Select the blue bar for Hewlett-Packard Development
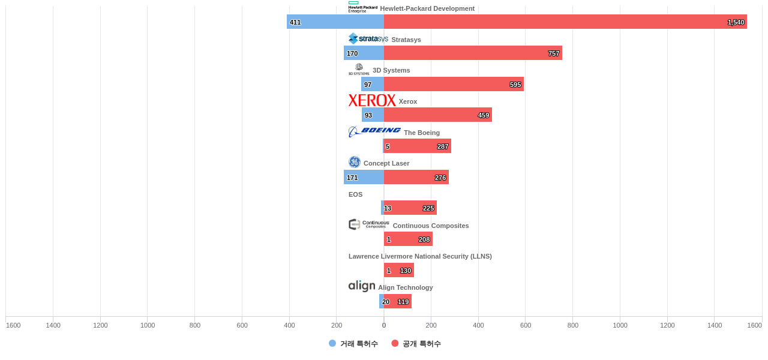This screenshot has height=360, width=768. click(x=335, y=22)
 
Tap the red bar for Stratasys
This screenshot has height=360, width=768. click(x=473, y=53)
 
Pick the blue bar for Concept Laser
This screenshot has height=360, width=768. click(x=364, y=177)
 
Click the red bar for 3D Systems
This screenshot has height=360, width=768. click(x=454, y=84)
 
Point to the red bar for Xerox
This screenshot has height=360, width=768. click(x=437, y=115)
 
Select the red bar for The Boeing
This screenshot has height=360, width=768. click(x=417, y=146)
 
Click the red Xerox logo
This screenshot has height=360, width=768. click(x=372, y=100)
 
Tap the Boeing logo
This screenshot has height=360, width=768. click(x=374, y=131)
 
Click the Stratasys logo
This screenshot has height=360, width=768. click(x=368, y=39)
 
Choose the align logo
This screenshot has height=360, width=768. click(x=362, y=286)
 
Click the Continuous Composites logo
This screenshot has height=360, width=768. click(x=369, y=224)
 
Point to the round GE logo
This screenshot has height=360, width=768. click(x=355, y=162)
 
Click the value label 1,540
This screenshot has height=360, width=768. click(x=736, y=22)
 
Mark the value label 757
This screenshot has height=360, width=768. click(x=553, y=53)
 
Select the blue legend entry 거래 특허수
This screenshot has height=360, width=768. click(x=353, y=344)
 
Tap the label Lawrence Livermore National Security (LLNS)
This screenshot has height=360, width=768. click(x=420, y=256)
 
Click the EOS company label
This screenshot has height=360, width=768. click(x=355, y=194)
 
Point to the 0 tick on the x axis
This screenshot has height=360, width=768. click(x=384, y=325)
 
